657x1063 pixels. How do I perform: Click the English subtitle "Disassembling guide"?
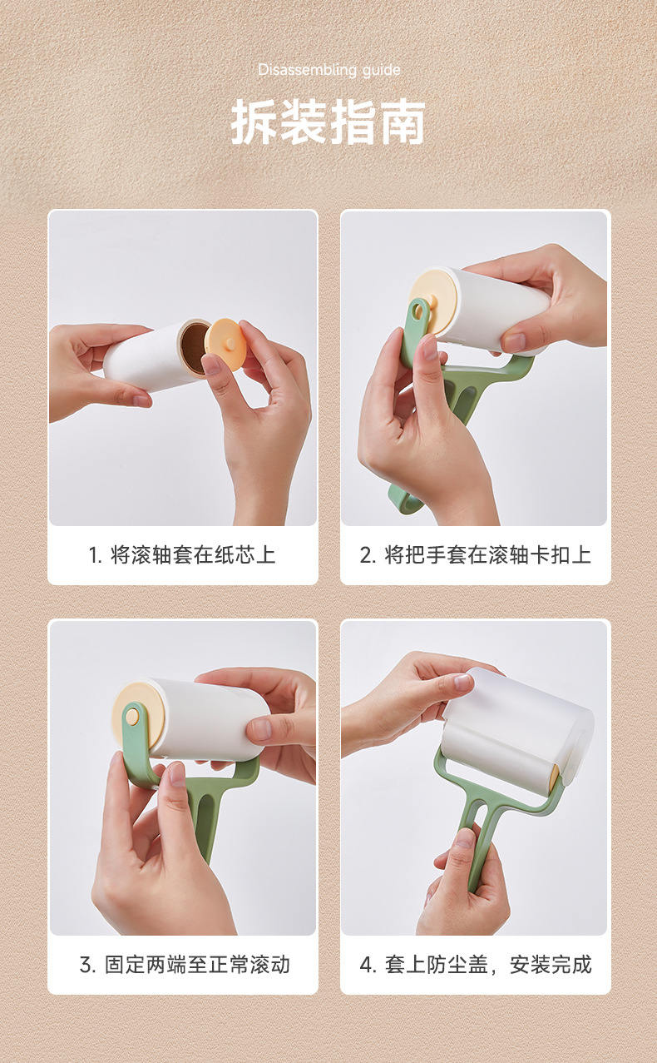[329, 70]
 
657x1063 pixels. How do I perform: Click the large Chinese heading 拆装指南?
[328, 122]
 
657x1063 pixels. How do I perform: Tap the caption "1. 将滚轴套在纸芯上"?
[182, 554]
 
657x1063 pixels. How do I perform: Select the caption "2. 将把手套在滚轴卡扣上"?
[476, 554]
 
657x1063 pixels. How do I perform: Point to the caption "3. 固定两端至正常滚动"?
[185, 965]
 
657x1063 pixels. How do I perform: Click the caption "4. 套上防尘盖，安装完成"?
[476, 965]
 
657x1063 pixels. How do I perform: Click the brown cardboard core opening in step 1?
[195, 348]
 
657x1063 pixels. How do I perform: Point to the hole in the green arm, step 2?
[417, 312]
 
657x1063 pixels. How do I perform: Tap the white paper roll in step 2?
[502, 310]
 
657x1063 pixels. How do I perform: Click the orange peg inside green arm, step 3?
[132, 717]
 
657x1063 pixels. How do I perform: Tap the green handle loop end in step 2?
[405, 500]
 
